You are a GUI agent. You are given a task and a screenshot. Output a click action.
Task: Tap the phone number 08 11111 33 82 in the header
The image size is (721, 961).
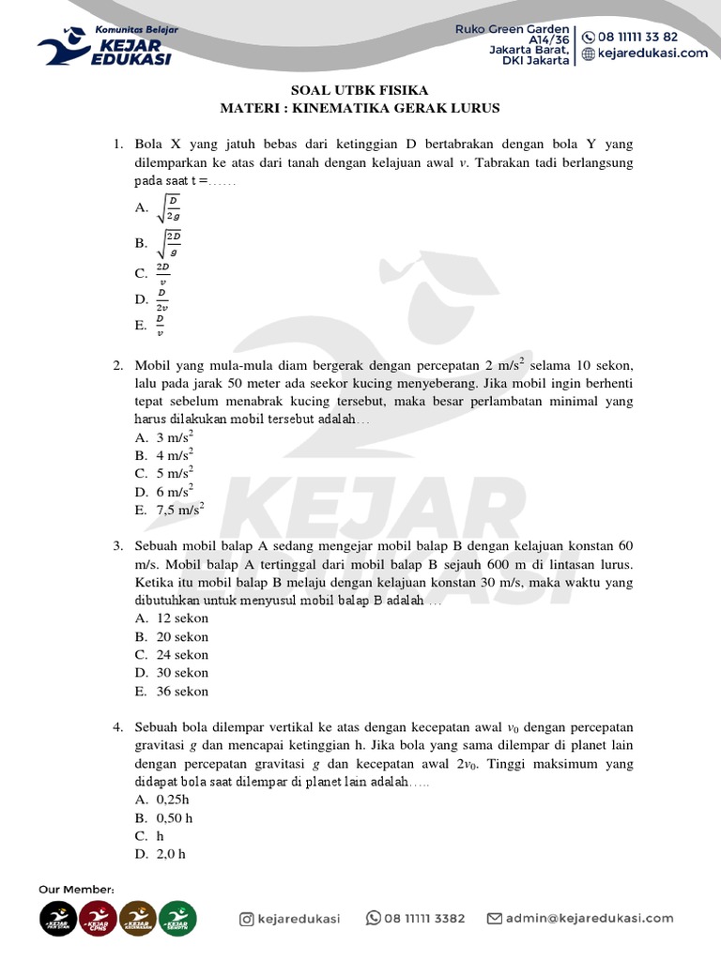(643, 37)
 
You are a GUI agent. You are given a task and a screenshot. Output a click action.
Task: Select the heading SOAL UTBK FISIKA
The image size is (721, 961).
(360, 90)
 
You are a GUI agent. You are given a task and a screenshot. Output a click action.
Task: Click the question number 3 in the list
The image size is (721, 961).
(118, 546)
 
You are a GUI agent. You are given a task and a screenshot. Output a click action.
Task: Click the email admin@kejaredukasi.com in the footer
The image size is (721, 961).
(589, 919)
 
